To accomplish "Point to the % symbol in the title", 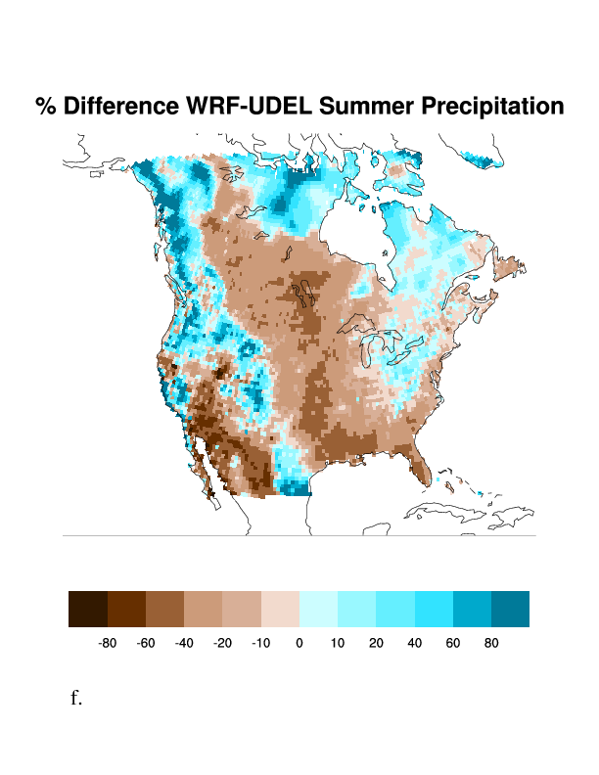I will click(45, 107).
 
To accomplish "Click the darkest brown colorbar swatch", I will click(88, 609).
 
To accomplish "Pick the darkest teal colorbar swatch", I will click(510, 609).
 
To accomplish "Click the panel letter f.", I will click(76, 698).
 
